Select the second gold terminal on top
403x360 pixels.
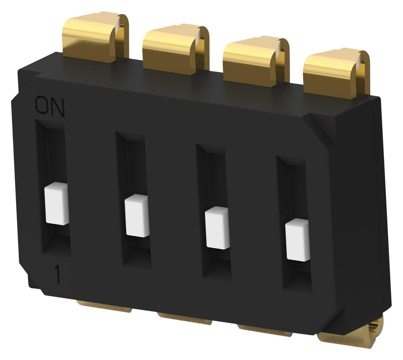click(x=174, y=48)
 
